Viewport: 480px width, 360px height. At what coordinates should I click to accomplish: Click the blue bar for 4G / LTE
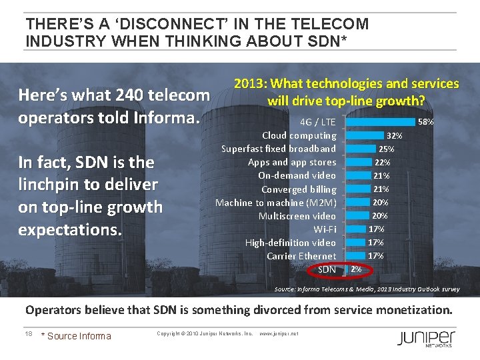tap(381, 122)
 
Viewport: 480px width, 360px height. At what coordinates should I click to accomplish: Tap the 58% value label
tap(425, 122)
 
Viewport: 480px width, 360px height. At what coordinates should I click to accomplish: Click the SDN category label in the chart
tap(327, 269)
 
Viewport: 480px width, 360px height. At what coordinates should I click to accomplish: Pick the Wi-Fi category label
tap(325, 229)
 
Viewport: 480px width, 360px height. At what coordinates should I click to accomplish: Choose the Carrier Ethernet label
tap(301, 256)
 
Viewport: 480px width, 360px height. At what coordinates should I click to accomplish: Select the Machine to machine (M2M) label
tap(276, 203)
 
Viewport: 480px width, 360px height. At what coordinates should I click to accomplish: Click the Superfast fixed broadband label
tap(279, 149)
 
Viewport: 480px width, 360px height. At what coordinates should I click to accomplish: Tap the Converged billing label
tap(299, 189)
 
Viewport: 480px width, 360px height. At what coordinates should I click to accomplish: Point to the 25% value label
tap(387, 149)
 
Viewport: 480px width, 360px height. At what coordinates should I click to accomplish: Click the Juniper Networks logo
tap(427, 337)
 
